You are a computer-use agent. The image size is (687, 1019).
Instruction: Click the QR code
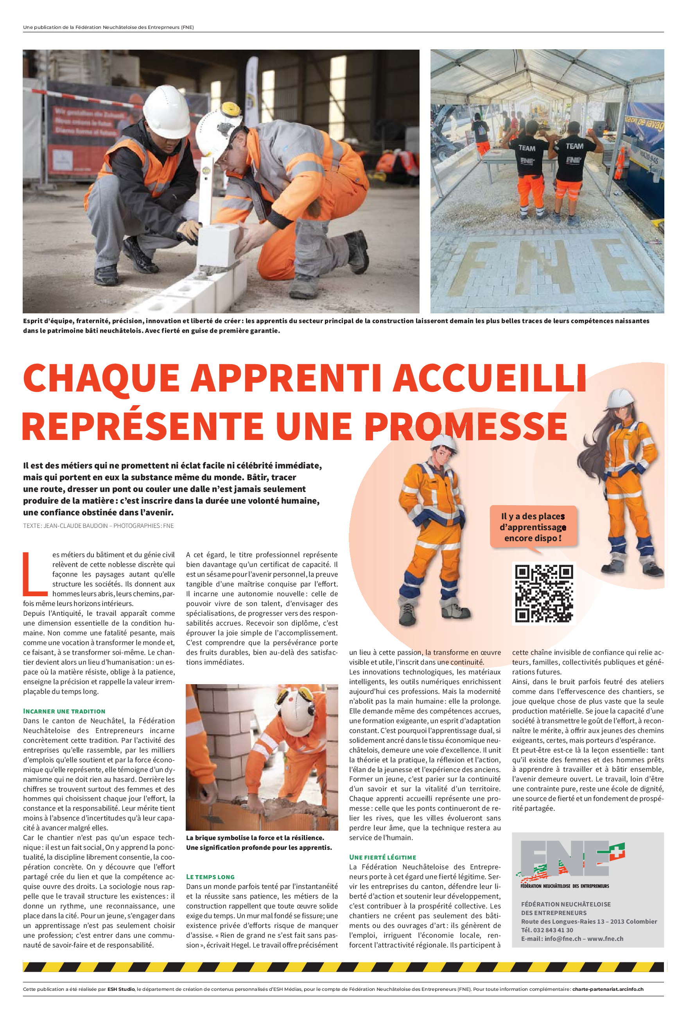pyautogui.click(x=543, y=593)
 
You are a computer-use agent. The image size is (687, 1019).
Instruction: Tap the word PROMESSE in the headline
pyautogui.click(x=466, y=426)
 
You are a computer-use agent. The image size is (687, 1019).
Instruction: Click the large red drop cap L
pyautogui.click(x=35, y=574)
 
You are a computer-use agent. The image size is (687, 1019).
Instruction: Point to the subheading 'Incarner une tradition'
pyautogui.click(x=64, y=711)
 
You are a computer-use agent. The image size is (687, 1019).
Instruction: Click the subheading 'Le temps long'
pyautogui.click(x=210, y=877)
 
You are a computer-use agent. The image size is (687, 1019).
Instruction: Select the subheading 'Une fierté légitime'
pyautogui.click(x=382, y=857)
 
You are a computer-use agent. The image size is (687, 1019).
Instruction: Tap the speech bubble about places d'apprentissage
pyautogui.click(x=533, y=527)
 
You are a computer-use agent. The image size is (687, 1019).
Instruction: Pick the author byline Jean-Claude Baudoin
pyautogui.click(x=75, y=526)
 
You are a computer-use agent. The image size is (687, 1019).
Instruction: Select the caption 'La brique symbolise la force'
pyautogui.click(x=255, y=838)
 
